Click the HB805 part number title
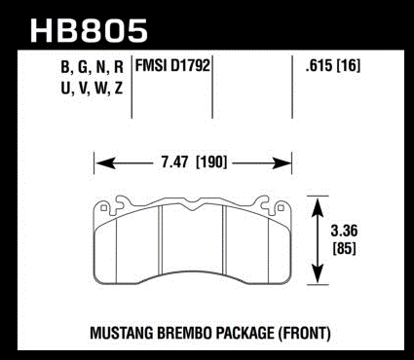click(89, 30)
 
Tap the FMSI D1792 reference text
click(172, 66)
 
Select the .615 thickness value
click(319, 66)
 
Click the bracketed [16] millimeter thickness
click(350, 66)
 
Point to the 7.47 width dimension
click(175, 162)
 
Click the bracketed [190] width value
click(211, 162)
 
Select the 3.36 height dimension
click(344, 231)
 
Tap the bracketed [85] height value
click(345, 248)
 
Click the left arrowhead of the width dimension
click(105, 162)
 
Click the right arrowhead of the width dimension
click(282, 162)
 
